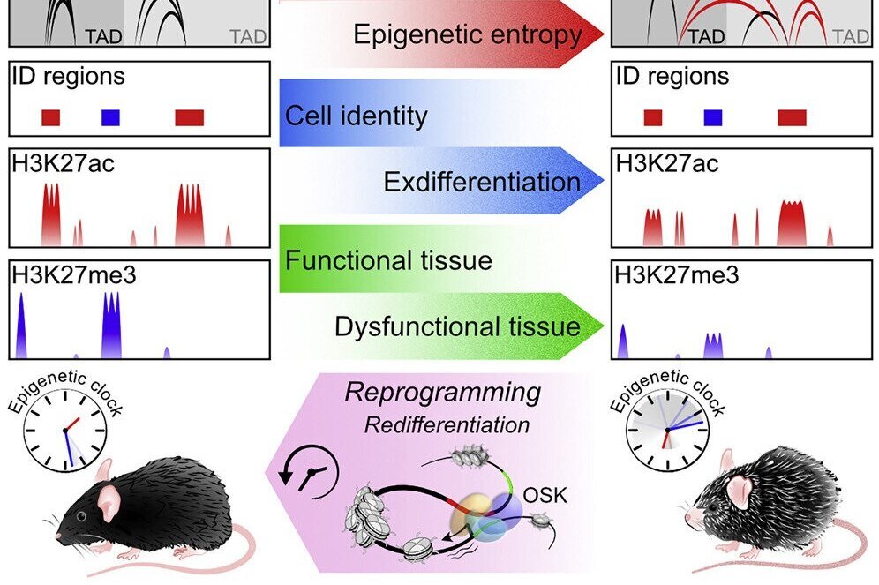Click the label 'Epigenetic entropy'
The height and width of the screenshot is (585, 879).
(x=468, y=35)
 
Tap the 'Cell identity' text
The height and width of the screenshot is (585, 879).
(x=356, y=116)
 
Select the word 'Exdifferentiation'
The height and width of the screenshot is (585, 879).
(x=482, y=182)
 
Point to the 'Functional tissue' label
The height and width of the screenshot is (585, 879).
(x=388, y=261)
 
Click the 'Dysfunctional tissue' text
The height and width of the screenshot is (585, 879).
(x=457, y=326)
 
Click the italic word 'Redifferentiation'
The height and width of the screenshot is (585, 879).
(x=447, y=425)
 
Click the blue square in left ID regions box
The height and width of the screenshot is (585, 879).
(x=110, y=117)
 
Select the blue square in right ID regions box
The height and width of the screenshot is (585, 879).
(x=713, y=117)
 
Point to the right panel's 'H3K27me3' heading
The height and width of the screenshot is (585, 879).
(x=676, y=275)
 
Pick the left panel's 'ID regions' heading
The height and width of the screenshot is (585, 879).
(x=68, y=76)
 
